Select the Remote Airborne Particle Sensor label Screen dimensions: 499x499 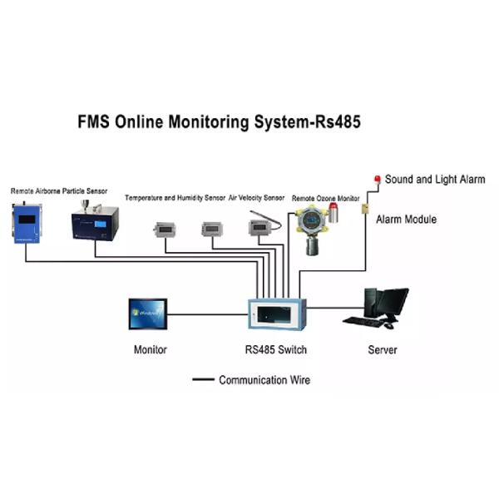[59, 191]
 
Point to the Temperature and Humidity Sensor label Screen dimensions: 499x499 [175, 198]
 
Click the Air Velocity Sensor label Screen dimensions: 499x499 [257, 198]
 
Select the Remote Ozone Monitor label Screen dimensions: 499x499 [325, 199]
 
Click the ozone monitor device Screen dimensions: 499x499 [314, 229]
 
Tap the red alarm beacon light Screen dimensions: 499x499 [378, 179]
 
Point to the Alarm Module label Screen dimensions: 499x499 [406, 220]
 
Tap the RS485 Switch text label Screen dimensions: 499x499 [272, 350]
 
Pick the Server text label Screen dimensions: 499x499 [383, 350]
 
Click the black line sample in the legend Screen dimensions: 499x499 [203, 380]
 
